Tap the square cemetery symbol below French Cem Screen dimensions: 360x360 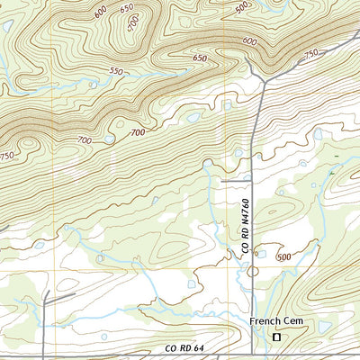coord(277,336)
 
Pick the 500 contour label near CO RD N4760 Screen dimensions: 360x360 coord(284,256)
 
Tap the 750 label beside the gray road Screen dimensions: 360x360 coord(312,54)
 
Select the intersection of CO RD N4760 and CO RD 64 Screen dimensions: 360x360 coord(251,352)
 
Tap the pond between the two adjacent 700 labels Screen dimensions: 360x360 coord(109,139)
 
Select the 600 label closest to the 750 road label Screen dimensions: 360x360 coord(249,41)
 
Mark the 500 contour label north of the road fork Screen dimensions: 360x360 coord(241,7)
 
